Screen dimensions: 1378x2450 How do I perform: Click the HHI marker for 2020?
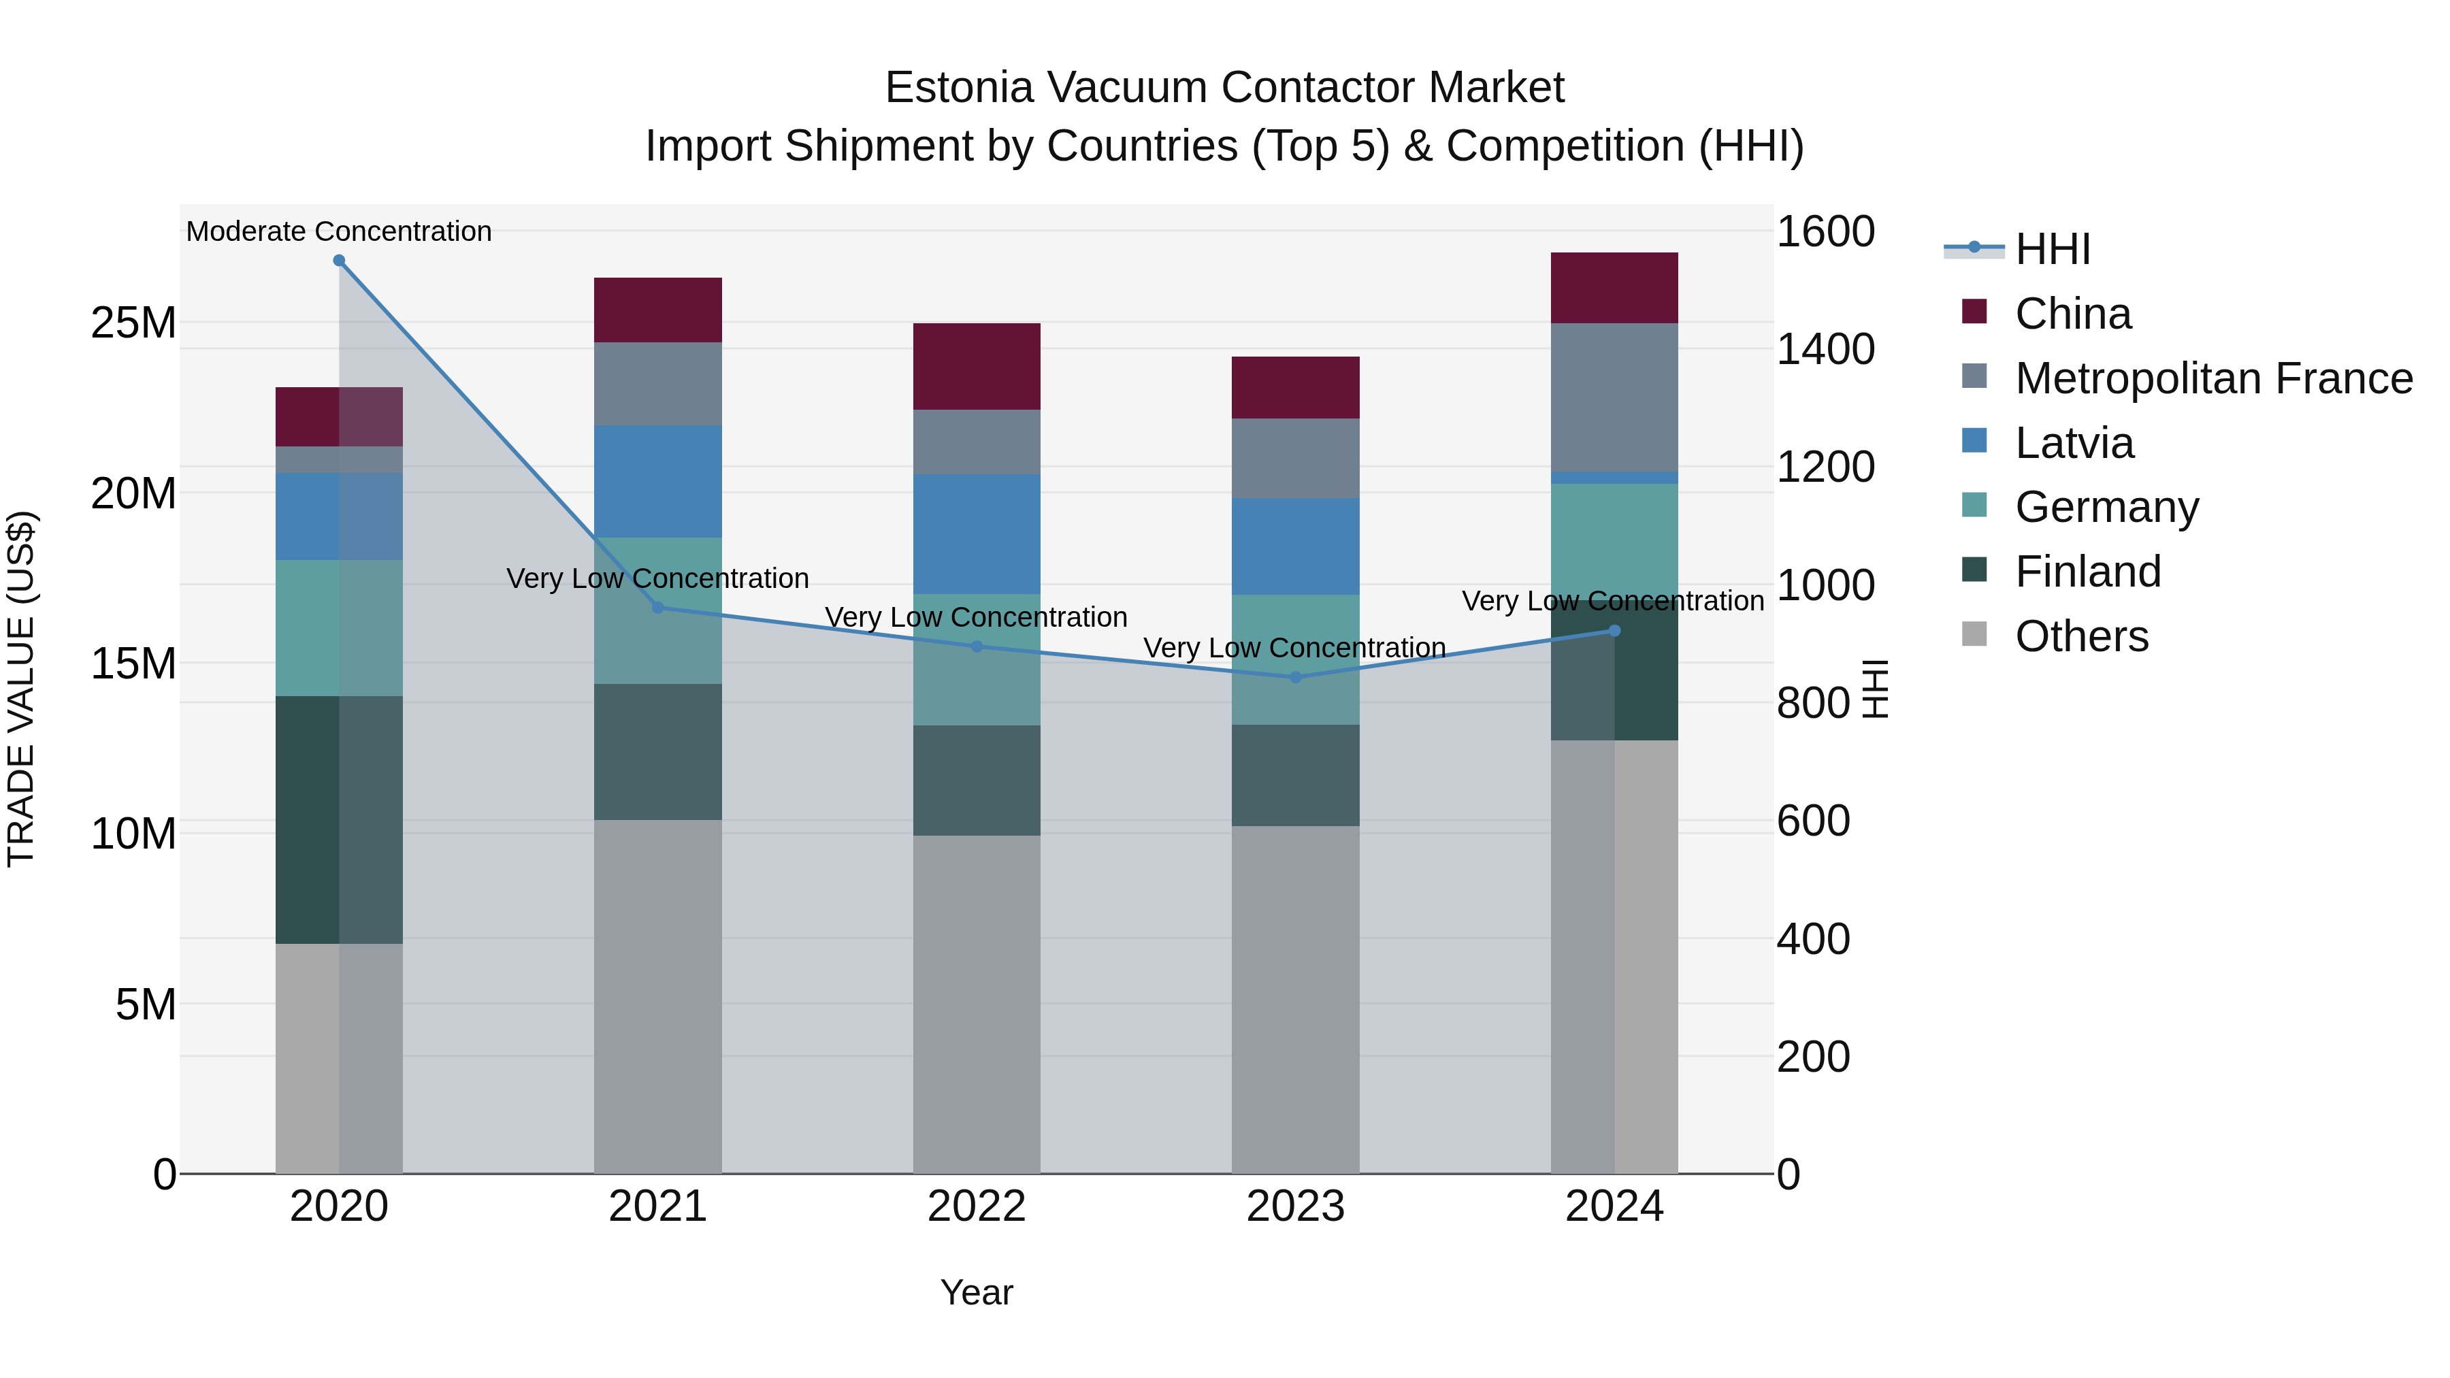tap(339, 261)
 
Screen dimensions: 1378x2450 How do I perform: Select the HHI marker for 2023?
tap(1294, 677)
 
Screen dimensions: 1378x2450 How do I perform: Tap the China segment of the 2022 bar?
tap(976, 366)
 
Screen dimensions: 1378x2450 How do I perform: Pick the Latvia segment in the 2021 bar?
tap(657, 481)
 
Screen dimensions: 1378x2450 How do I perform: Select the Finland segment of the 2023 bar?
tap(1294, 775)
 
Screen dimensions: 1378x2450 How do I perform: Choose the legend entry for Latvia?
tap(2074, 443)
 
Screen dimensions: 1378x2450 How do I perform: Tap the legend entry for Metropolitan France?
tap(2212, 378)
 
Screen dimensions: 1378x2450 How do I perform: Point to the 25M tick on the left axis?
tap(133, 323)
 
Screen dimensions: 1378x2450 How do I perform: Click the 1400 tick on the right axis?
tap(1824, 349)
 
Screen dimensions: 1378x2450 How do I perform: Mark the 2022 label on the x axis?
tap(976, 1207)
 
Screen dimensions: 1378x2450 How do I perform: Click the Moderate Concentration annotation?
tap(339, 231)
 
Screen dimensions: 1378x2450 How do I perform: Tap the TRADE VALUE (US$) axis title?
tap(21, 689)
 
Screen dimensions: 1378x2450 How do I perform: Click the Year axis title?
tap(976, 1292)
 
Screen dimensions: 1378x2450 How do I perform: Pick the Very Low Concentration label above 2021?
tap(657, 578)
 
